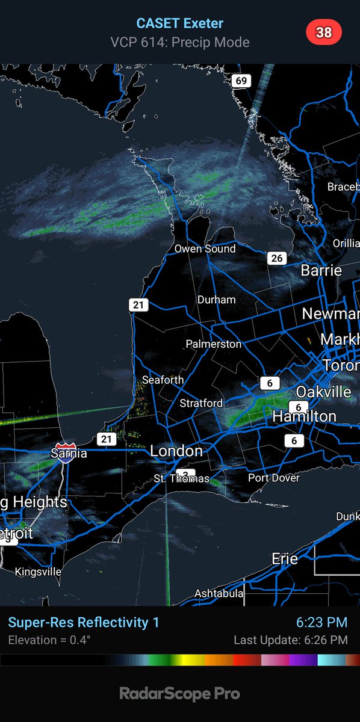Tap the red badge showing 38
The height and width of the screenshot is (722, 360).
[x=324, y=32]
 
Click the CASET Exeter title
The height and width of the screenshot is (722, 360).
[x=180, y=23]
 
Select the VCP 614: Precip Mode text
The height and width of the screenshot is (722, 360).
[x=180, y=42]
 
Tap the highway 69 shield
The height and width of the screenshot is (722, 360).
[x=241, y=81]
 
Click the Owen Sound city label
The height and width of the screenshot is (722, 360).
[x=205, y=248]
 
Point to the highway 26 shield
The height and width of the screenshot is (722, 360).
[x=276, y=258]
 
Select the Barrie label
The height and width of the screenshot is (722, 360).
[x=321, y=271]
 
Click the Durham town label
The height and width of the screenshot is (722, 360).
[x=216, y=300]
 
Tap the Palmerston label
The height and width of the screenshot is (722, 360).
[x=213, y=344]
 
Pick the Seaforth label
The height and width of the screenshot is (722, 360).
[x=163, y=380]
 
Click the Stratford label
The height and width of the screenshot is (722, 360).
[x=201, y=403]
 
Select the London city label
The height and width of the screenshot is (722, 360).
[x=176, y=451]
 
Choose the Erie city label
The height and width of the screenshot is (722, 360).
[x=285, y=558]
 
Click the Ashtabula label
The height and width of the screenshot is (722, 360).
[x=219, y=593]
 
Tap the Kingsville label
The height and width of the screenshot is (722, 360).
[x=38, y=572]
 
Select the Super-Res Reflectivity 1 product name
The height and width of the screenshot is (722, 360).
[x=84, y=622]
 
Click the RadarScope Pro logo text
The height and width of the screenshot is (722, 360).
[x=180, y=694]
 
